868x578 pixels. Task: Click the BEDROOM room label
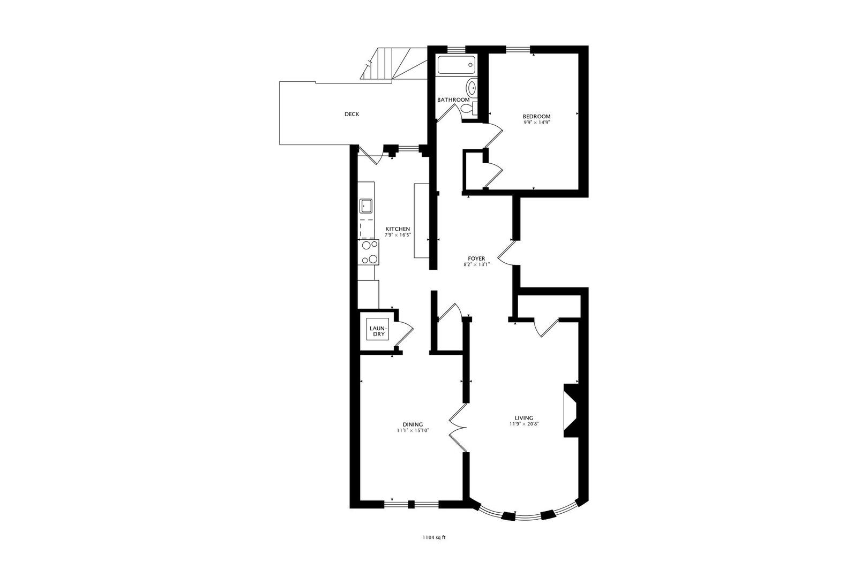536,116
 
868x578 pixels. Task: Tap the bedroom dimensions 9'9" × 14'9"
536,123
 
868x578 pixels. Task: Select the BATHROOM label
453,100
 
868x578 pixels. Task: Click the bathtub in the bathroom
456,65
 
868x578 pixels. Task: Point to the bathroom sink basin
472,86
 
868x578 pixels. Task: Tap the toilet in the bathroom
468,109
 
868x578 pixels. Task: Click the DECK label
351,114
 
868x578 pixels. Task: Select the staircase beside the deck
394,63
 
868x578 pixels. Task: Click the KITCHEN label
398,229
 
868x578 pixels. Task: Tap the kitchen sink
366,205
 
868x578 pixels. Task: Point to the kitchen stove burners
369,253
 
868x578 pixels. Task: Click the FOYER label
476,258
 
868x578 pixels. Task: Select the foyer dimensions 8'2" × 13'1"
476,264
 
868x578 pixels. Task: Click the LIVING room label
523,418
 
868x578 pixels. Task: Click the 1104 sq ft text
433,538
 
